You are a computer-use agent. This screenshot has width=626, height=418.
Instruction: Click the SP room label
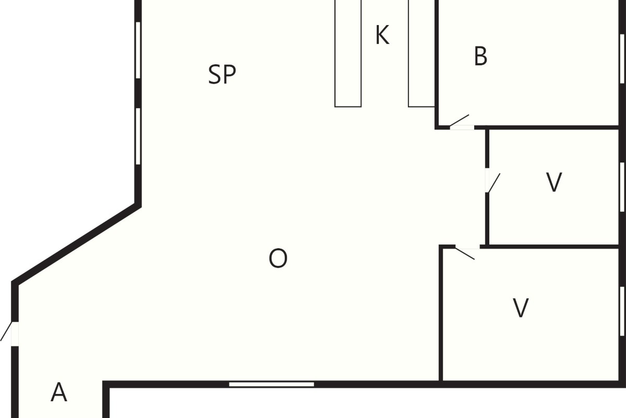pyautogui.click(x=222, y=74)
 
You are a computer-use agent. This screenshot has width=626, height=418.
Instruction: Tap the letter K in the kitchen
pyautogui.click(x=382, y=34)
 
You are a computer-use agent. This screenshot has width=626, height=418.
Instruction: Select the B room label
pyautogui.click(x=480, y=56)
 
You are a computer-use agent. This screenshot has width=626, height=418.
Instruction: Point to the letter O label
pyautogui.click(x=278, y=258)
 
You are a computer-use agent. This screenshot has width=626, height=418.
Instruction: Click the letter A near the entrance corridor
pyautogui.click(x=58, y=392)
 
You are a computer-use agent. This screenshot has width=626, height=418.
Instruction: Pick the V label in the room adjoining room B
pyautogui.click(x=553, y=182)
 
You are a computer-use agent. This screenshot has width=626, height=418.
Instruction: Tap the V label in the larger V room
pyautogui.click(x=521, y=308)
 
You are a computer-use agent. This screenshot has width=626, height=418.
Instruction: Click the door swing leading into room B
pyautogui.click(x=459, y=120)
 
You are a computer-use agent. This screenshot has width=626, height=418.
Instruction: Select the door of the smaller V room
pyautogui.click(x=493, y=183)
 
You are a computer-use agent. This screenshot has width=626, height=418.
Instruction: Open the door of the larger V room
pyautogui.click(x=465, y=253)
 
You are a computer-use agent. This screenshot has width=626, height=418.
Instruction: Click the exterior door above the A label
pyautogui.click(x=6, y=331)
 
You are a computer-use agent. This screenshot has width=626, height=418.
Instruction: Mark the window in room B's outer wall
pyautogui.click(x=622, y=59)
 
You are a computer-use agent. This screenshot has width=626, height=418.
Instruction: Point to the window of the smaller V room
pyautogui.click(x=622, y=187)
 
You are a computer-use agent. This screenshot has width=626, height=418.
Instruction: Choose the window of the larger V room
pyautogui.click(x=622, y=311)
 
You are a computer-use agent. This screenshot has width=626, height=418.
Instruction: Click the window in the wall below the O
pyautogui.click(x=271, y=384)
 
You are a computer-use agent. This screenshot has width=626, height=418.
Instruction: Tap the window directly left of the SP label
pyautogui.click(x=138, y=50)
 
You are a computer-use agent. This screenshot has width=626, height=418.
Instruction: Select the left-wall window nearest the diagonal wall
pyautogui.click(x=138, y=136)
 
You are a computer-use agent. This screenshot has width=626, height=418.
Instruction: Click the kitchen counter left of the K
pyautogui.click(x=348, y=53)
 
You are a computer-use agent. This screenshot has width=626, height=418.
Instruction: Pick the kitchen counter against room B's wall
pyautogui.click(x=422, y=53)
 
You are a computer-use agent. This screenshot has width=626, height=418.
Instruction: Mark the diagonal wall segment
pyautogui.click(x=76, y=244)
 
